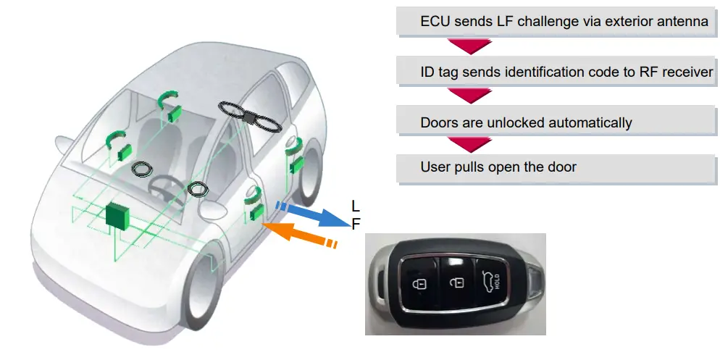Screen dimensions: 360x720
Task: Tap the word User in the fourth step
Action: (435, 167)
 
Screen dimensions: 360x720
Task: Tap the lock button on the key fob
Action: (418, 283)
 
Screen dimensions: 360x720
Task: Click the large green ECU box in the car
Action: (116, 215)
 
